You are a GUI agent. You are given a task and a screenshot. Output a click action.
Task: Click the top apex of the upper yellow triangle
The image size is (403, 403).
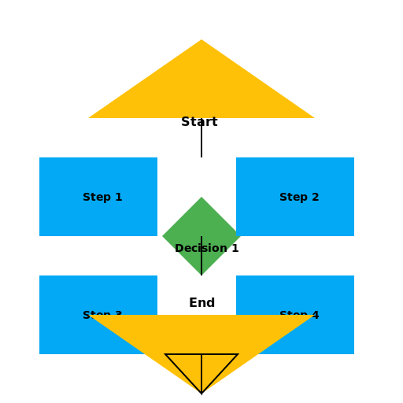201,40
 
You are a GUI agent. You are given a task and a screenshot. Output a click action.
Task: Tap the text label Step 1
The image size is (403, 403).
102,198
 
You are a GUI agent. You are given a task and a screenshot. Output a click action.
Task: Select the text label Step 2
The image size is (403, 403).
299,198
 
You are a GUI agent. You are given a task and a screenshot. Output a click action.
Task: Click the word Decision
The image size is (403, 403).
201,249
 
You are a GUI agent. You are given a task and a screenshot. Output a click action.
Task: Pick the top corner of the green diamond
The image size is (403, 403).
201,198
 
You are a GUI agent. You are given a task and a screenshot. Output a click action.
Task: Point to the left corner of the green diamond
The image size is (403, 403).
163,236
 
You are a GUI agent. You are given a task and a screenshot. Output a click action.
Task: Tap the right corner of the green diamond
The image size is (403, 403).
240,236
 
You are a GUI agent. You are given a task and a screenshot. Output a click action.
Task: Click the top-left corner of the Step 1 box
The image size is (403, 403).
40,158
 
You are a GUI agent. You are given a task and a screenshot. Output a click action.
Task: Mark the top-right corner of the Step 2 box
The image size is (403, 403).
353,158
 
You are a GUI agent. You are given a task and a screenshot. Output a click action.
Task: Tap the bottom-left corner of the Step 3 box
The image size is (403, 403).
40,353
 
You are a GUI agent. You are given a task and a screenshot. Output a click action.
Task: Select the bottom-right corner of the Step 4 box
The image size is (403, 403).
353,353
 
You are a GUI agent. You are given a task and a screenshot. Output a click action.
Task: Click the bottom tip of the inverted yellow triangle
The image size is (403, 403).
201,392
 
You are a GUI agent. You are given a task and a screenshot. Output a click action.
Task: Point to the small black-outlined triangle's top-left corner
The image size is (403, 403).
166,355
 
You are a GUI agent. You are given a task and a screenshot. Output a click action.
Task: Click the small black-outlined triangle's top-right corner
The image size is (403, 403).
237,355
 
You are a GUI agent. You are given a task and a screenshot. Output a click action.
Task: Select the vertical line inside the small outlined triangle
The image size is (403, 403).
201,372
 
